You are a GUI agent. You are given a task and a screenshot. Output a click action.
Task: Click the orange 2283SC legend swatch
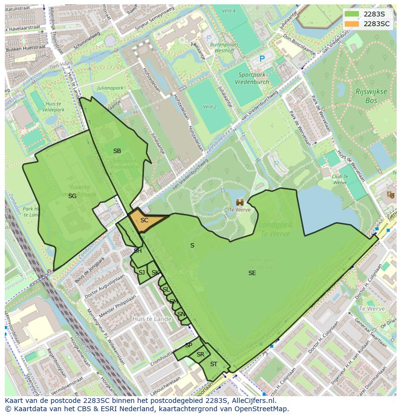tap(353, 24)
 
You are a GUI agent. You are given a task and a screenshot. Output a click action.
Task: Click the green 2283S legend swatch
tap(353, 14)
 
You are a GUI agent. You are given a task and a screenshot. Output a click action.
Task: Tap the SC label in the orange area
tap(144, 220)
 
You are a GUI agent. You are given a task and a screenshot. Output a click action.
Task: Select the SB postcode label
tap(117, 151)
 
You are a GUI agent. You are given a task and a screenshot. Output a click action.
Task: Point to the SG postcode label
tap(72, 196)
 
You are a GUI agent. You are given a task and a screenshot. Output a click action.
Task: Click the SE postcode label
tap(252, 273)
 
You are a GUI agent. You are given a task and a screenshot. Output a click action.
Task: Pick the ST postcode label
tap(214, 364)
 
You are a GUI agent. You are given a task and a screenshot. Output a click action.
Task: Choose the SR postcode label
tap(200, 355)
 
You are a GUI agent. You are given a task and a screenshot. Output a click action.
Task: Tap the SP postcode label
tap(188, 345)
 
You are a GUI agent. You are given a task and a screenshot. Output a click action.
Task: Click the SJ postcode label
tap(141, 273)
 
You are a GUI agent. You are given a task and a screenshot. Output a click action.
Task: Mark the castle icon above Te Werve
tap(240, 202)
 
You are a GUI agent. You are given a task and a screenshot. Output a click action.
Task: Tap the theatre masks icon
tap(390, 195)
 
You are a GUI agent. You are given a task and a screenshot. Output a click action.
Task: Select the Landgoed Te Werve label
tap(274, 230)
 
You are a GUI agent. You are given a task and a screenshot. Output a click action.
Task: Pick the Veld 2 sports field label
tap(210, 107)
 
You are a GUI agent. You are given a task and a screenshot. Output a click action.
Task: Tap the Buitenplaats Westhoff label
tap(223, 47)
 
